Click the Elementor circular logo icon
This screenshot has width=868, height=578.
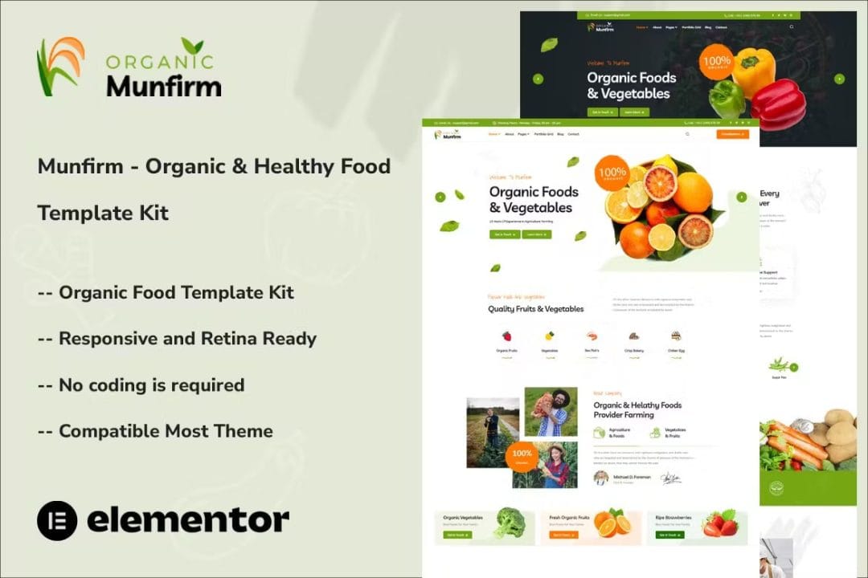[57, 520]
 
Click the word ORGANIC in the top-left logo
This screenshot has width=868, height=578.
[160, 61]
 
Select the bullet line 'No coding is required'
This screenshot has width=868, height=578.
[141, 385]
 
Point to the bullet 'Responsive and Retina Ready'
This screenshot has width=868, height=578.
[178, 339]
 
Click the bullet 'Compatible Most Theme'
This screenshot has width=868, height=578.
[155, 431]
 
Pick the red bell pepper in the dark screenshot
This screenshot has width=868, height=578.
[777, 104]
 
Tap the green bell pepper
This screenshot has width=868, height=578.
[727, 98]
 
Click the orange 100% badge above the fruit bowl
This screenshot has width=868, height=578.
[612, 173]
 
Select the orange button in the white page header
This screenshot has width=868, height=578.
[732, 134]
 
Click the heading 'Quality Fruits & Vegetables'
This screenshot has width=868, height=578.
[536, 309]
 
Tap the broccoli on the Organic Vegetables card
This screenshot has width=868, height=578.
[509, 523]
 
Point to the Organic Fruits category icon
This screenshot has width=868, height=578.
[506, 336]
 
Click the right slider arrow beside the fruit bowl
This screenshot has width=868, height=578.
[741, 197]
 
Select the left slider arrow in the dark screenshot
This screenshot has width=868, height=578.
[538, 79]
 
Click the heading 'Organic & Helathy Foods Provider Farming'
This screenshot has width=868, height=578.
[637, 410]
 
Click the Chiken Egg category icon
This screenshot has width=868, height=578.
[676, 336]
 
